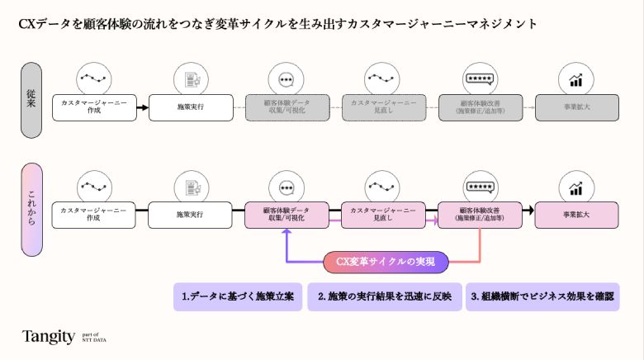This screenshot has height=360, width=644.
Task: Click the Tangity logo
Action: pos(49,336)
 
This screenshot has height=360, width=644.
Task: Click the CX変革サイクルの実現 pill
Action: pos(386,261)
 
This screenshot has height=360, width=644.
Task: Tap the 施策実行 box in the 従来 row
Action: pos(190,107)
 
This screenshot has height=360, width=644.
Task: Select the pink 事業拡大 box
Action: pos(575,215)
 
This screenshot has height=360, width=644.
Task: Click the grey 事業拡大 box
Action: pos(575,107)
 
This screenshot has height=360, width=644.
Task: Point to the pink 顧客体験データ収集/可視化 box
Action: pos(286,215)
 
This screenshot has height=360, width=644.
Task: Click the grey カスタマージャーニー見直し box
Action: pos(383,107)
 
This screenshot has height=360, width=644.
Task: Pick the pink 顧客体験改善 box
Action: pos(479,215)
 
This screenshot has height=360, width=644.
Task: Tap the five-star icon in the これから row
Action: pos(479,187)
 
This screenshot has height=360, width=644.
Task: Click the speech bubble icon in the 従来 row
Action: pos(286,79)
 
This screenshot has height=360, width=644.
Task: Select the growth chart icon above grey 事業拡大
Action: pos(575,79)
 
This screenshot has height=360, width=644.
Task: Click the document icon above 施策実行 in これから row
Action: pos(190,187)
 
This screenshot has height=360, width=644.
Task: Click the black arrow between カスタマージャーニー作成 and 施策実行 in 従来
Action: pos(143,107)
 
